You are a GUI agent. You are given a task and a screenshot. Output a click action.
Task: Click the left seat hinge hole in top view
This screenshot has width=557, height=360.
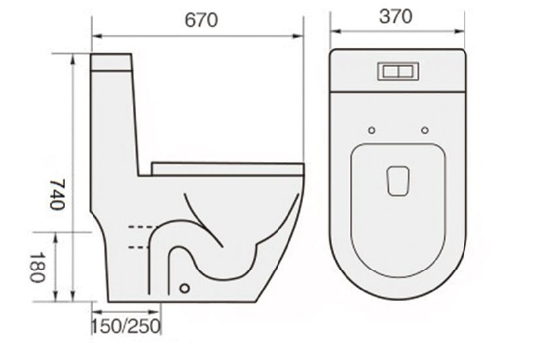tap(370, 130)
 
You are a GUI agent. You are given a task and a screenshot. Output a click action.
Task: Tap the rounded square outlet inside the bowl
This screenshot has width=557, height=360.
tap(397, 179)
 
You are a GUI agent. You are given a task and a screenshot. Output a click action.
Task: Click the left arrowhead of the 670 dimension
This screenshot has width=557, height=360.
tap(95, 38)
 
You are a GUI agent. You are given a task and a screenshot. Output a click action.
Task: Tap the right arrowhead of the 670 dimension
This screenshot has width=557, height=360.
tap(302, 38)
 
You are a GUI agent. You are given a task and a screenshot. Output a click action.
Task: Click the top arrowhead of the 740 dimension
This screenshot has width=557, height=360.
tap(72, 58)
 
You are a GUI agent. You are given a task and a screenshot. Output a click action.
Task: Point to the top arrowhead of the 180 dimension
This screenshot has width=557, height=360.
tap(72, 233)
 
